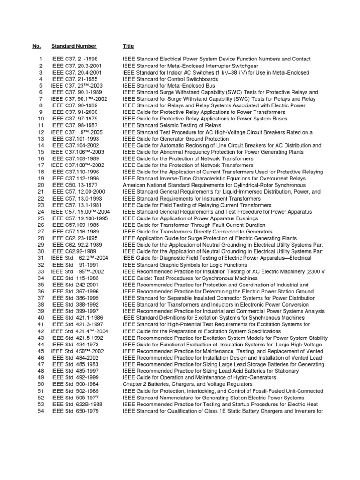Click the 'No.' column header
point(37,46)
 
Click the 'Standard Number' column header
point(74,46)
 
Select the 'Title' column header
point(128,46)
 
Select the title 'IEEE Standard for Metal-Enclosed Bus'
point(169,86)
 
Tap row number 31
point(40,258)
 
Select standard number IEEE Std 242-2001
point(75,285)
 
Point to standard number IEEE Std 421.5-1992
point(77,338)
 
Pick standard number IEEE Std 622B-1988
point(77,405)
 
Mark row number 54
point(40,411)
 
